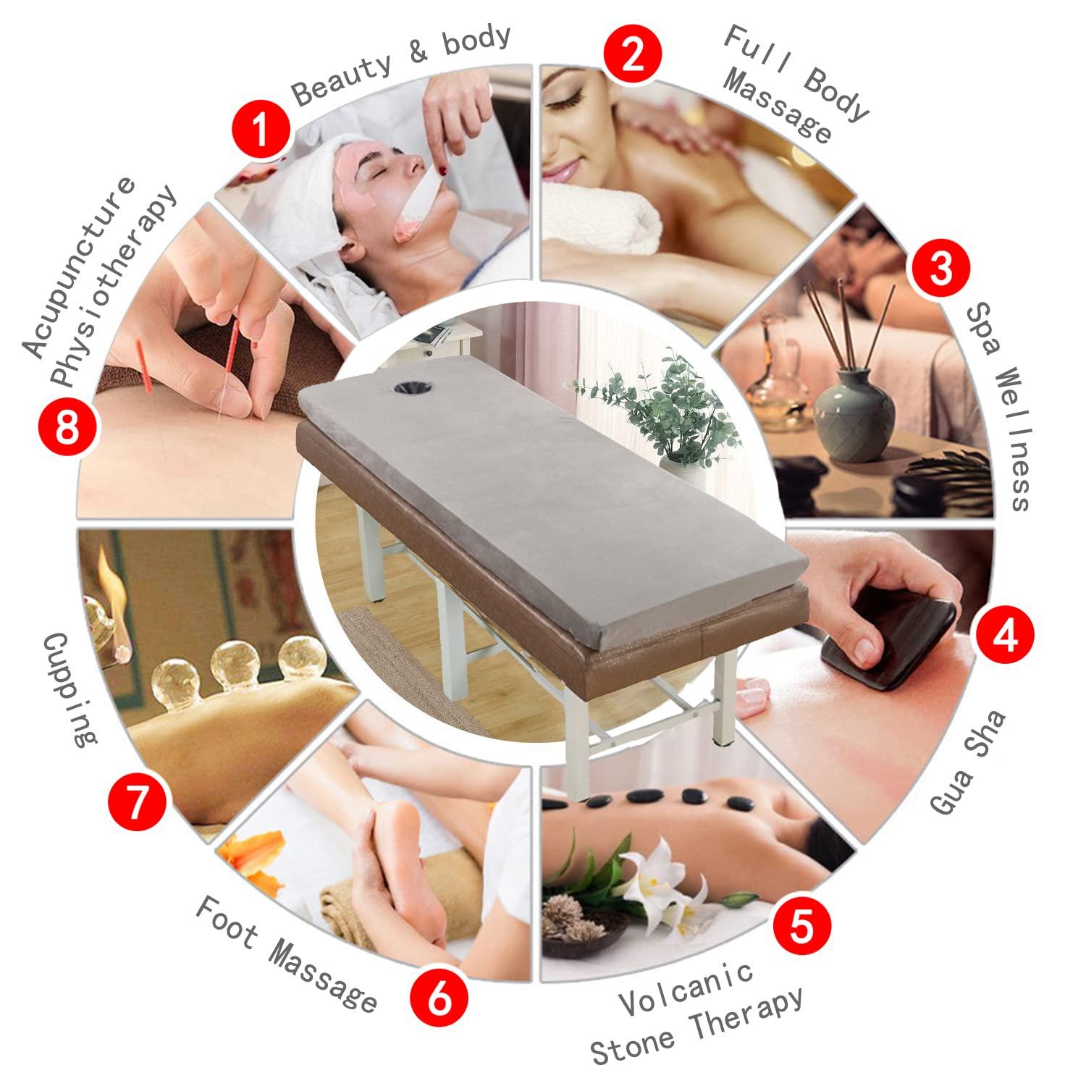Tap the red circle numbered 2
[x=634, y=56]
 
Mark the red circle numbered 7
[x=138, y=805]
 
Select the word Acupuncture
[x=80, y=268]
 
